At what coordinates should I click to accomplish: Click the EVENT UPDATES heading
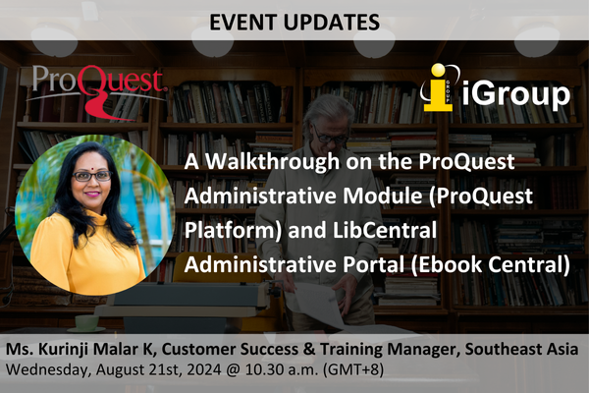[294, 19]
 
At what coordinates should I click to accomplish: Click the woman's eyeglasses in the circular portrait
[90, 175]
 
